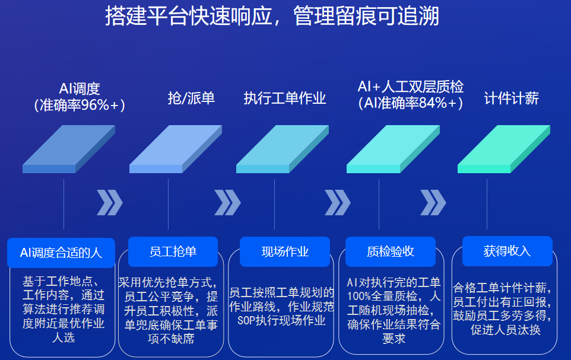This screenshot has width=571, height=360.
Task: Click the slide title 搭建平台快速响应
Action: [x=189, y=17]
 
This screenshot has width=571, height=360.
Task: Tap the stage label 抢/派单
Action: [x=191, y=98]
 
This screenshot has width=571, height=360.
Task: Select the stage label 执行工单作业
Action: [x=285, y=98]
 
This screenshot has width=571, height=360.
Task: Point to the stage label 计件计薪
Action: [x=511, y=98]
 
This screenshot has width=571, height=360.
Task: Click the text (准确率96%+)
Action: [x=80, y=105]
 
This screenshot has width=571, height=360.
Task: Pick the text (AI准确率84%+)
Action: [x=410, y=103]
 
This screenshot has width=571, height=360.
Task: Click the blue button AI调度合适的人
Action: [x=61, y=253]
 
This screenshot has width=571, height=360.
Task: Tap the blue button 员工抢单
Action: [x=173, y=251]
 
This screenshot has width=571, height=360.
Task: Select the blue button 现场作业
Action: [x=285, y=251]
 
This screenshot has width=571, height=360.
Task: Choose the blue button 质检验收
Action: [x=391, y=251]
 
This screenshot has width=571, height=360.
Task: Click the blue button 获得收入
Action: [x=507, y=251]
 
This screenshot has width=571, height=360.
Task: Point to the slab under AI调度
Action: [x=69, y=149]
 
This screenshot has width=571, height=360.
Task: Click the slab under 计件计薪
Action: [x=503, y=149]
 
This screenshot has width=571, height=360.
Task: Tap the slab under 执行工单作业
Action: [x=283, y=149]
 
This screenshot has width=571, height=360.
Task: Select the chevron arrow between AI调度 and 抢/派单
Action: [x=110, y=202]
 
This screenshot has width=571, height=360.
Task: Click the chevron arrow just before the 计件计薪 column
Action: [x=433, y=202]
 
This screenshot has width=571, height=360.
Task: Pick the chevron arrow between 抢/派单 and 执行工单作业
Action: [x=227, y=202]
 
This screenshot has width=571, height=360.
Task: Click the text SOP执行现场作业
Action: [x=281, y=321]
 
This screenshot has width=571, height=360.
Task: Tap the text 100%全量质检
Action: [x=382, y=297]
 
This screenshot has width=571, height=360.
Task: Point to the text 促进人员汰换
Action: [x=506, y=330]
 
